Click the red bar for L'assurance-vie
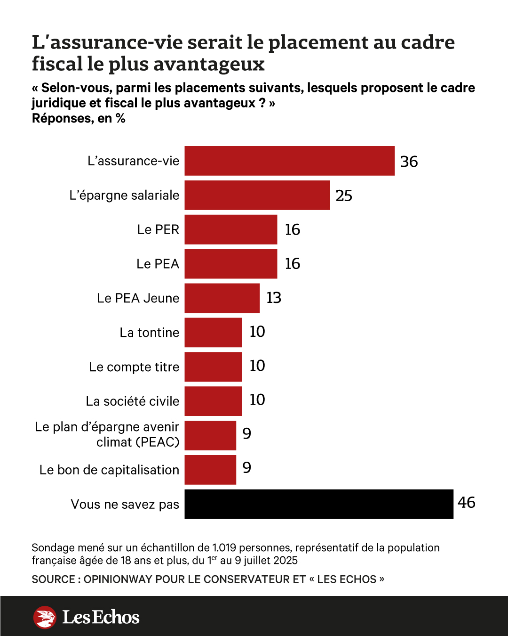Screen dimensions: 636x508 click(289, 161)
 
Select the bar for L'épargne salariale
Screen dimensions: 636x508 click(257, 195)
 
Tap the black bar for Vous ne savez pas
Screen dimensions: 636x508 click(319, 504)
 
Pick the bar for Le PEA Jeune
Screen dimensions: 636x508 click(222, 298)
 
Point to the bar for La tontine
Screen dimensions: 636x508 click(213, 333)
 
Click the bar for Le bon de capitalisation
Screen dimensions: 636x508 click(210, 470)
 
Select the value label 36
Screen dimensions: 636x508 click(409, 162)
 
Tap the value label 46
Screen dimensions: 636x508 click(466, 503)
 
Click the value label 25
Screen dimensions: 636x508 click(344, 196)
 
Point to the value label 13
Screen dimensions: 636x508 click(274, 298)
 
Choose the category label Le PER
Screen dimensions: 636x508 click(158, 229)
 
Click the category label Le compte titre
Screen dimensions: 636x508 click(134, 367)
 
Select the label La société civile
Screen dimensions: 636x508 click(132, 401)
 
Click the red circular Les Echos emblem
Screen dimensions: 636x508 click(45, 617)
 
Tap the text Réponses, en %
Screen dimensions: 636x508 click(79, 118)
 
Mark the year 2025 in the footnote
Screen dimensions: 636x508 click(285, 561)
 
